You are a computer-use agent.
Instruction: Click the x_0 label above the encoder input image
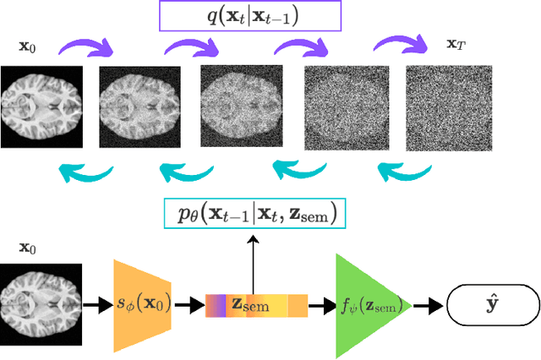(x=27, y=249)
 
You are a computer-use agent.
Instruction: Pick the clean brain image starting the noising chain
(x=41, y=104)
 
